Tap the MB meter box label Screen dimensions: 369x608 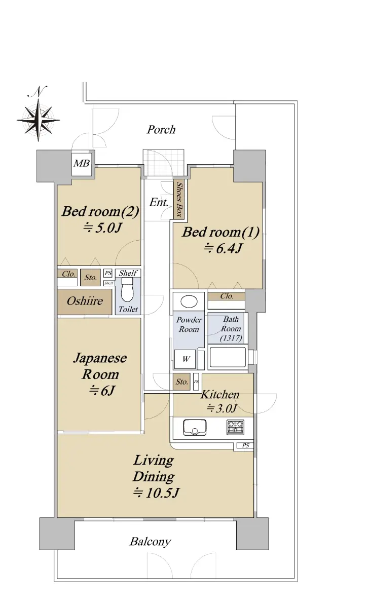(82, 163)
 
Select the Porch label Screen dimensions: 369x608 (161, 130)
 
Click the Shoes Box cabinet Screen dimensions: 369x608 (179, 199)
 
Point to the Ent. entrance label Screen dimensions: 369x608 (159, 202)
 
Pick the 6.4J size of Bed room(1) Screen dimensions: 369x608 (223, 248)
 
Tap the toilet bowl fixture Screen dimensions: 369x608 (127, 293)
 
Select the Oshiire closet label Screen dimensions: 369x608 (85, 301)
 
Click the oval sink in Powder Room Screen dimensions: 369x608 (189, 301)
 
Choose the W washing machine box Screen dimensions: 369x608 (185, 359)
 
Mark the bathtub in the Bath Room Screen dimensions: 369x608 (228, 357)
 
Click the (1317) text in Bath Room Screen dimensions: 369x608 (231, 338)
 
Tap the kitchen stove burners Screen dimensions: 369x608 (235, 427)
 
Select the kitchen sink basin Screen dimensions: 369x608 (195, 427)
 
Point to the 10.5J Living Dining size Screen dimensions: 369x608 (157, 492)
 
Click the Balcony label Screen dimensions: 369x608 (151, 542)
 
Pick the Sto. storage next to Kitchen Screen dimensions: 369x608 (181, 382)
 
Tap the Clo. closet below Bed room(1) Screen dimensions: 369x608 (227, 296)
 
